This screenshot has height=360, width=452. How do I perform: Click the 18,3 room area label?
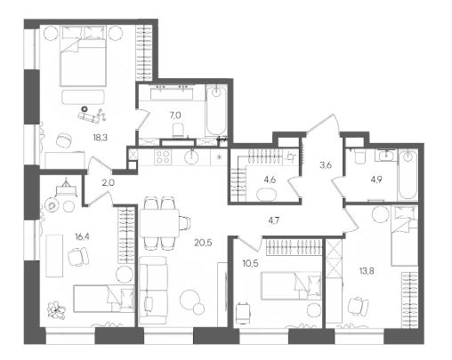tap(100, 138)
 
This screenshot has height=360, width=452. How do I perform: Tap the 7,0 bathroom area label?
tap(175, 116)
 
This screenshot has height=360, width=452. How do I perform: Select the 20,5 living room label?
tap(203, 243)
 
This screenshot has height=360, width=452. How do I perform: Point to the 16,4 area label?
tap(82, 236)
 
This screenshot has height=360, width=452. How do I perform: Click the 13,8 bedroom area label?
tap(367, 270)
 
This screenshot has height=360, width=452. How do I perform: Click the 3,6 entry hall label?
tap(326, 165)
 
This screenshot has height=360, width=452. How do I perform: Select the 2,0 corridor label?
tap(109, 183)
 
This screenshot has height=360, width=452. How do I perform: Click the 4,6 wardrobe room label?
tap(270, 180)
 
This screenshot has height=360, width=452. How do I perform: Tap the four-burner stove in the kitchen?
tap(163, 157)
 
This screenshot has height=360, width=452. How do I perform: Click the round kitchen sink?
tap(191, 156)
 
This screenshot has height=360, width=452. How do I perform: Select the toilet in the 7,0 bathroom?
tap(178, 131)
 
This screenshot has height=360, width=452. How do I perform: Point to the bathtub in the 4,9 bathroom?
tap(408, 175)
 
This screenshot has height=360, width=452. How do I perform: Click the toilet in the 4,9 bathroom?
tap(359, 156)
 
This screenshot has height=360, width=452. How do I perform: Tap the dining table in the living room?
tap(159, 223)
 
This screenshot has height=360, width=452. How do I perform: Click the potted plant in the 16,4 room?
tap(56, 310)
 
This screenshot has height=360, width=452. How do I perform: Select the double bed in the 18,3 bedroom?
tap(83, 56)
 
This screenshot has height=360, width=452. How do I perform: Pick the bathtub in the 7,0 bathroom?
tap(216, 110)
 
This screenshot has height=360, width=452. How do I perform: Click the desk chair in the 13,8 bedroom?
tap(358, 307)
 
